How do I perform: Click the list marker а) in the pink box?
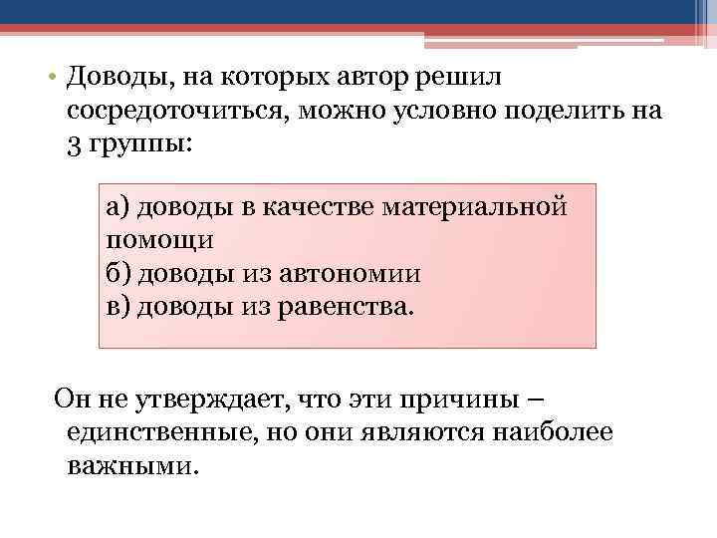click(118, 207)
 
